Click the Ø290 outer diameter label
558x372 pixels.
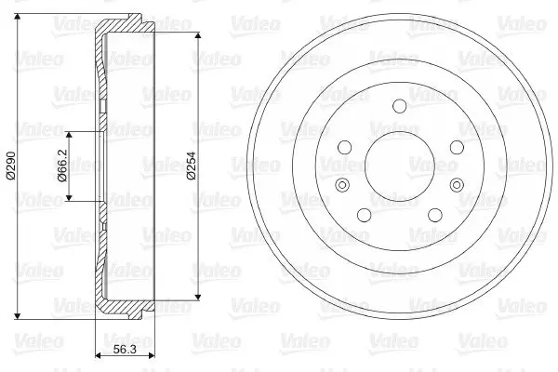click(x=10, y=166)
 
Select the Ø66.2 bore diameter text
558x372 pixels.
click(x=62, y=166)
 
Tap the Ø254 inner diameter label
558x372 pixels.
click(x=192, y=166)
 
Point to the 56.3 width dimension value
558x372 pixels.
click(x=125, y=350)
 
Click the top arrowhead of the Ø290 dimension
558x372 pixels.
click(x=17, y=17)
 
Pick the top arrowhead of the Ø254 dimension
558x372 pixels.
click(x=198, y=35)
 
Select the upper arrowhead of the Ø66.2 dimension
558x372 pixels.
click(x=70, y=135)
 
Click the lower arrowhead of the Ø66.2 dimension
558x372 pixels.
click(x=70, y=197)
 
